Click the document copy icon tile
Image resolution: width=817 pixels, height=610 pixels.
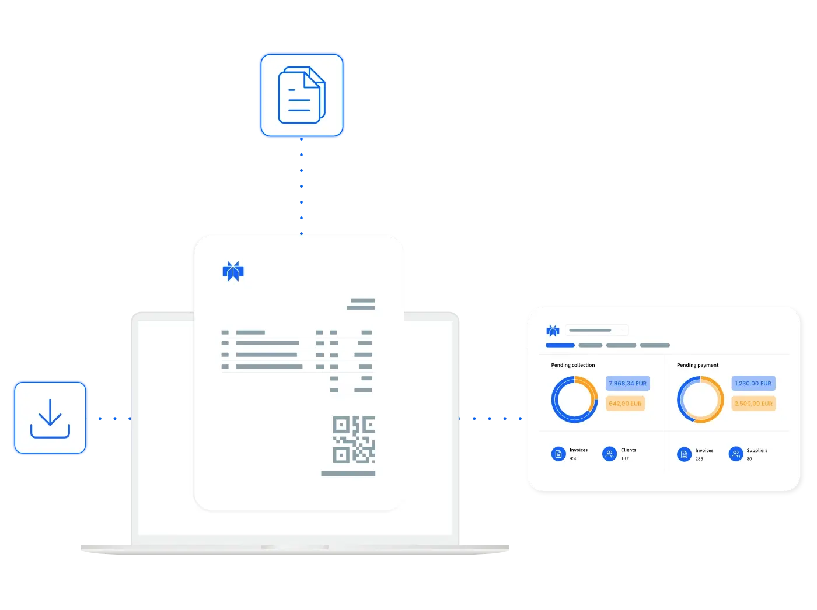(x=302, y=95)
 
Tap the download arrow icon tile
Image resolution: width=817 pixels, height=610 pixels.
(x=50, y=418)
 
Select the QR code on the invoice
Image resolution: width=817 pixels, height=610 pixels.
(x=354, y=439)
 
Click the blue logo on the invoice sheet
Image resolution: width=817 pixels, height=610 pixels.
(x=233, y=271)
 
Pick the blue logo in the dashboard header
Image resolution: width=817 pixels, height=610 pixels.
(x=553, y=330)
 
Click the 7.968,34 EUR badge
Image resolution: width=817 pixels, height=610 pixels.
(x=627, y=384)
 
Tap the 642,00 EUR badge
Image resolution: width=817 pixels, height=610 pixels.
(x=625, y=404)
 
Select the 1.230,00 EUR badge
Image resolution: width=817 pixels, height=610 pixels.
(x=753, y=384)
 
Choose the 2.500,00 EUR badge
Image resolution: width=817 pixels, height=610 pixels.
(x=753, y=404)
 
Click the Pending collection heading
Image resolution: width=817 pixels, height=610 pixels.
(x=573, y=365)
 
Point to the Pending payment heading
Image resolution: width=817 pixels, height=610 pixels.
(x=697, y=365)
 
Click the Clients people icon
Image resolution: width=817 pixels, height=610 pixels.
(x=609, y=454)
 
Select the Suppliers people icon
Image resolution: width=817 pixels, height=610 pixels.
(x=735, y=454)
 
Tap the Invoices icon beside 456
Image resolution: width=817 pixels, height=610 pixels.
(x=558, y=454)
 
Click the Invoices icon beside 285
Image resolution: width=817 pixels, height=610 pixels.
(x=684, y=454)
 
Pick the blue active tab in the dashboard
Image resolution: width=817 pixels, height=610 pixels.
(x=560, y=346)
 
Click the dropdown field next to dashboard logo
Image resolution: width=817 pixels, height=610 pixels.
(x=596, y=330)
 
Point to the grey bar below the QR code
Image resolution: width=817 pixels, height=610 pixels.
(x=348, y=474)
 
